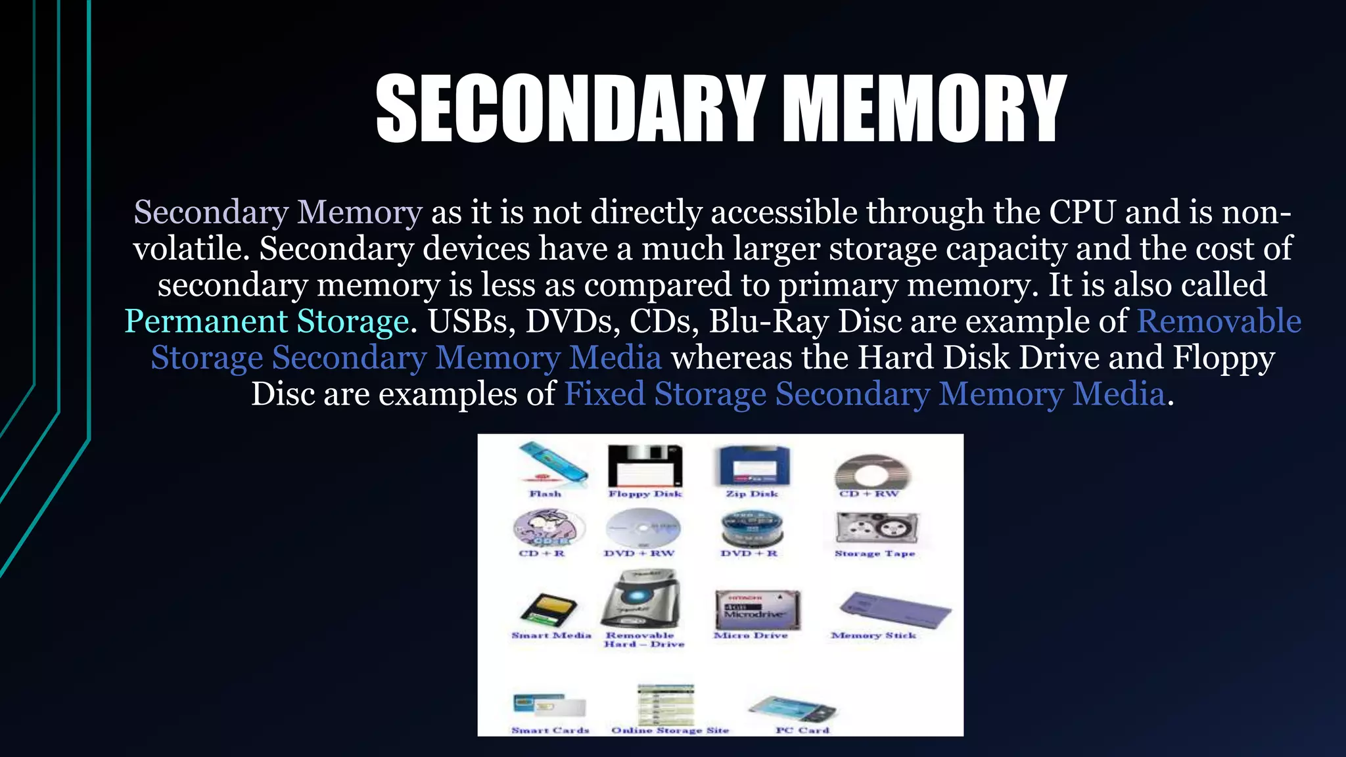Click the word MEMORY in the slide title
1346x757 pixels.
coord(925,108)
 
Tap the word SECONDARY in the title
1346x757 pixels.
coord(569,108)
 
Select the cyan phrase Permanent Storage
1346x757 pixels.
coord(267,321)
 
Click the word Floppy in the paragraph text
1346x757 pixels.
coord(1224,358)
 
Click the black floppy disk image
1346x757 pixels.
coord(645,465)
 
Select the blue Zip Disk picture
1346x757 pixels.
coord(752,465)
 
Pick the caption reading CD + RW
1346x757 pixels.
coord(868,493)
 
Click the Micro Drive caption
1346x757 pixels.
coord(751,635)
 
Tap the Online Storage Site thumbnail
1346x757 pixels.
coord(665,704)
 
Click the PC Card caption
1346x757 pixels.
coord(802,730)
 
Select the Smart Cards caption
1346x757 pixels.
coord(550,730)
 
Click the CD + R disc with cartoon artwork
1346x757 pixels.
coord(548,528)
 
